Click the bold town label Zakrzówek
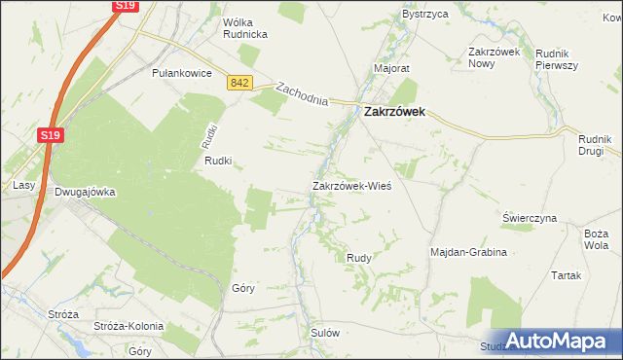pyautogui.click(x=400, y=112)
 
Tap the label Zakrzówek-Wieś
pyautogui.click(x=351, y=185)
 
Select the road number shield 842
pyautogui.click(x=240, y=85)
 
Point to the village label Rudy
pyautogui.click(x=358, y=257)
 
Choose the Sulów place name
pyautogui.click(x=324, y=332)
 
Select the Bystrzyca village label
pyautogui.click(x=425, y=16)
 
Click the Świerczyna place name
pyautogui.click(x=530, y=218)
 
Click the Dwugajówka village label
pyautogui.click(x=85, y=192)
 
